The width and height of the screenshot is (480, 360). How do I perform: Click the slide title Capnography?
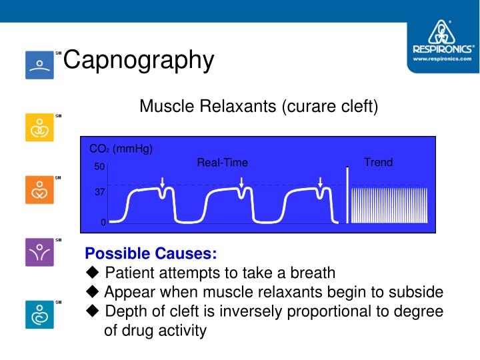click(139, 60)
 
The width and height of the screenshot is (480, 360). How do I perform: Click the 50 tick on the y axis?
click(99, 167)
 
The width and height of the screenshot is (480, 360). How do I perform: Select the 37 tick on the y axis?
click(99, 192)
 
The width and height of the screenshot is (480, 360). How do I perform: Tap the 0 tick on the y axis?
click(103, 223)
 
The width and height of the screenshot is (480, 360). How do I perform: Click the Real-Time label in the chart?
click(222, 163)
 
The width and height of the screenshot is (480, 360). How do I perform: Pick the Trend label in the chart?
click(378, 163)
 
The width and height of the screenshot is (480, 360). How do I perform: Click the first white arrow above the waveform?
click(163, 182)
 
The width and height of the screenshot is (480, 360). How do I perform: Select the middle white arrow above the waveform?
click(241, 182)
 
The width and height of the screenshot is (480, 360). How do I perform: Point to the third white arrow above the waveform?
click(321, 182)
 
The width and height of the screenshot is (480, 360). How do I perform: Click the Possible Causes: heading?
click(151, 254)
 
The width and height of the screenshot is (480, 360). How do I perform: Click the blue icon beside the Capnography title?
click(39, 65)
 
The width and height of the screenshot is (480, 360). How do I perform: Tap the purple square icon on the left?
click(39, 252)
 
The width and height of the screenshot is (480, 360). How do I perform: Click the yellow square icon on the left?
click(39, 127)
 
